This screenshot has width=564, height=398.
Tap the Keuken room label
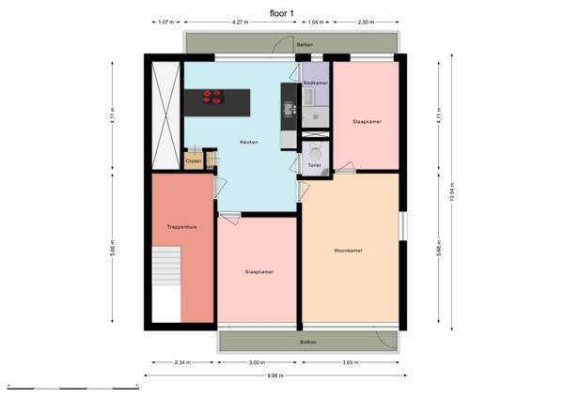click(x=249, y=143)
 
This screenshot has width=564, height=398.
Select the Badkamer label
click(x=314, y=84)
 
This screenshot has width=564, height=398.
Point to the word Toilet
click(x=314, y=165)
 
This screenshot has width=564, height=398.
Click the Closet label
click(x=194, y=161)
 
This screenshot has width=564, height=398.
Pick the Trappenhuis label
click(x=180, y=227)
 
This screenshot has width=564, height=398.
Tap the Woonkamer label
click(x=348, y=251)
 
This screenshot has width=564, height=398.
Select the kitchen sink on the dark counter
click(x=289, y=107)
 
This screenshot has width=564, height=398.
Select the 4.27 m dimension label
click(x=240, y=22)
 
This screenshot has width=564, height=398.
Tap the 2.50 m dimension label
click(x=368, y=22)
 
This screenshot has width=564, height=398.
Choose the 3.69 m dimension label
click(x=352, y=361)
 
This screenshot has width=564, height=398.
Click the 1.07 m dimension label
click(x=164, y=22)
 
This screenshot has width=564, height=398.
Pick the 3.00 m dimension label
click(x=257, y=361)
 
